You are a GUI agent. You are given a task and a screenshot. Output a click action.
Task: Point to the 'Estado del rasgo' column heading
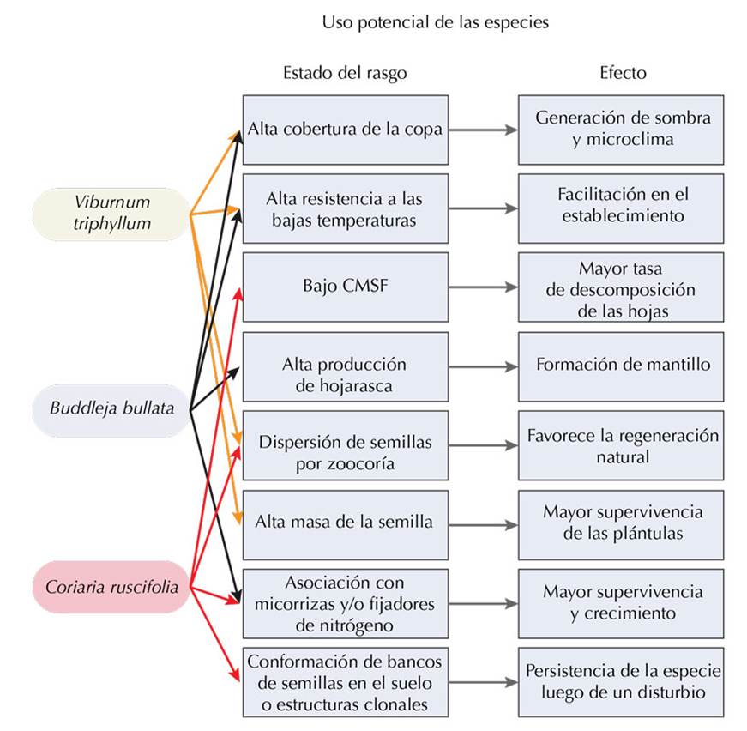[x=345, y=73]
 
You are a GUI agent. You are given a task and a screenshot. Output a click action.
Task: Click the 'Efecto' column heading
[x=622, y=73]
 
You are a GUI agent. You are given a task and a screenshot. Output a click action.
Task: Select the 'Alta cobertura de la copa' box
[x=345, y=130]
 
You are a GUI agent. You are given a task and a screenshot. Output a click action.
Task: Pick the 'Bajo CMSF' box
[x=345, y=287]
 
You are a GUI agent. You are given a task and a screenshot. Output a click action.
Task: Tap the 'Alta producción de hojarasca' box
[x=345, y=366]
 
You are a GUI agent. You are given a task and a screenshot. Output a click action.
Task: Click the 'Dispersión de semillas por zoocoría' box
[x=345, y=444]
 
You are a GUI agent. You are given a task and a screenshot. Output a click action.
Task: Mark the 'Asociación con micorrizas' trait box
[x=345, y=602]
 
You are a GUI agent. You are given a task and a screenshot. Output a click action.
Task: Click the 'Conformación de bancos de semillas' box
[x=345, y=683]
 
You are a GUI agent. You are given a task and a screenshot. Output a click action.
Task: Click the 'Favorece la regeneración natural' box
[x=622, y=444]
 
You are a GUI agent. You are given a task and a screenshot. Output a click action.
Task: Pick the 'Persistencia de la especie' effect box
[x=622, y=683]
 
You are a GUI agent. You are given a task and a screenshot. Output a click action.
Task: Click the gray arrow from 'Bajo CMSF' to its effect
[x=483, y=287]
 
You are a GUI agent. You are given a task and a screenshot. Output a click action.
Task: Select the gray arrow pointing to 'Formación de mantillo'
[x=483, y=366]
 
